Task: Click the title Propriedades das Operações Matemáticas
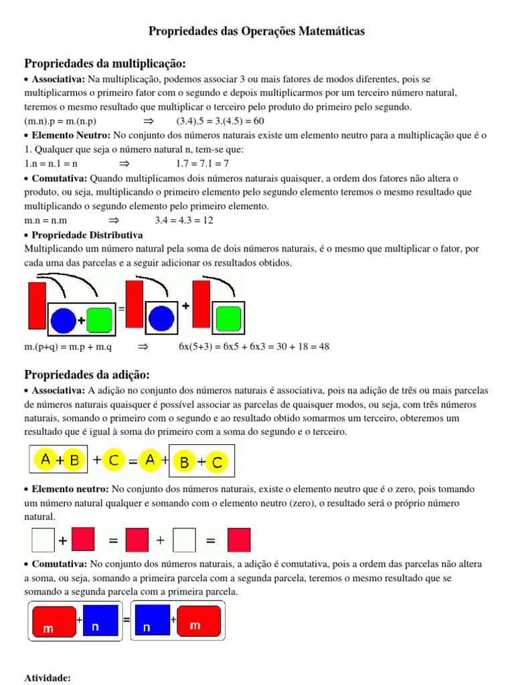[x=256, y=31]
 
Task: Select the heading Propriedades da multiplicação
[x=104, y=64]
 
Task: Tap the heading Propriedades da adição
[x=87, y=374]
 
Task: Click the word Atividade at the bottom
[x=48, y=678]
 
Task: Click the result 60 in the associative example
[x=258, y=121]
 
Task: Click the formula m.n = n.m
[x=46, y=220]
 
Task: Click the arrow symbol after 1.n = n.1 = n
[x=124, y=163]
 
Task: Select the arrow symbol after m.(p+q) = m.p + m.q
[x=142, y=347]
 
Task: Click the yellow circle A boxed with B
[x=46, y=460]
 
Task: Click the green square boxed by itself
[x=229, y=318]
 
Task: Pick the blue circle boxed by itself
[x=161, y=318]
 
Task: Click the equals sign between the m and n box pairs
[x=126, y=620]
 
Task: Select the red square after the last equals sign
[x=239, y=539]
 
